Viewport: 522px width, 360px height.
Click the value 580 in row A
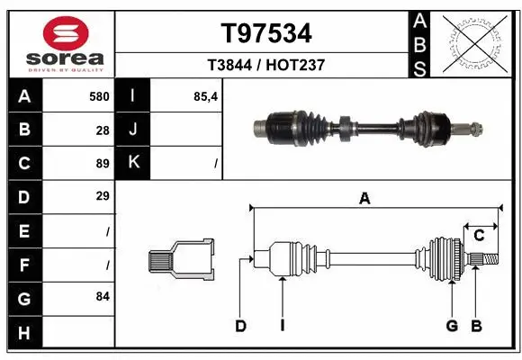(x=99, y=96)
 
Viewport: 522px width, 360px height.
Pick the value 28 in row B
(x=103, y=130)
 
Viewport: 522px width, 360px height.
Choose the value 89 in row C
(x=103, y=163)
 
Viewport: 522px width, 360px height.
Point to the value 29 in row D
(x=103, y=196)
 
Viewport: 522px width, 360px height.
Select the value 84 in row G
(x=103, y=296)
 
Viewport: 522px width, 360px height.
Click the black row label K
(x=133, y=163)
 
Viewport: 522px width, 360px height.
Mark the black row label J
(x=133, y=130)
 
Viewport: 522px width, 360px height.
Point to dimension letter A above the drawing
(x=364, y=199)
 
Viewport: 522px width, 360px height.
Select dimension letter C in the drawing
(x=480, y=235)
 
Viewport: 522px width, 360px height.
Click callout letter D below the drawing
(x=240, y=326)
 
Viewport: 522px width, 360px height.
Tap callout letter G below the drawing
(x=452, y=326)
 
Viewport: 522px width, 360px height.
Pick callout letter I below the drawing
(x=282, y=326)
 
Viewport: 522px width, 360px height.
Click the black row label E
(x=24, y=230)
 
